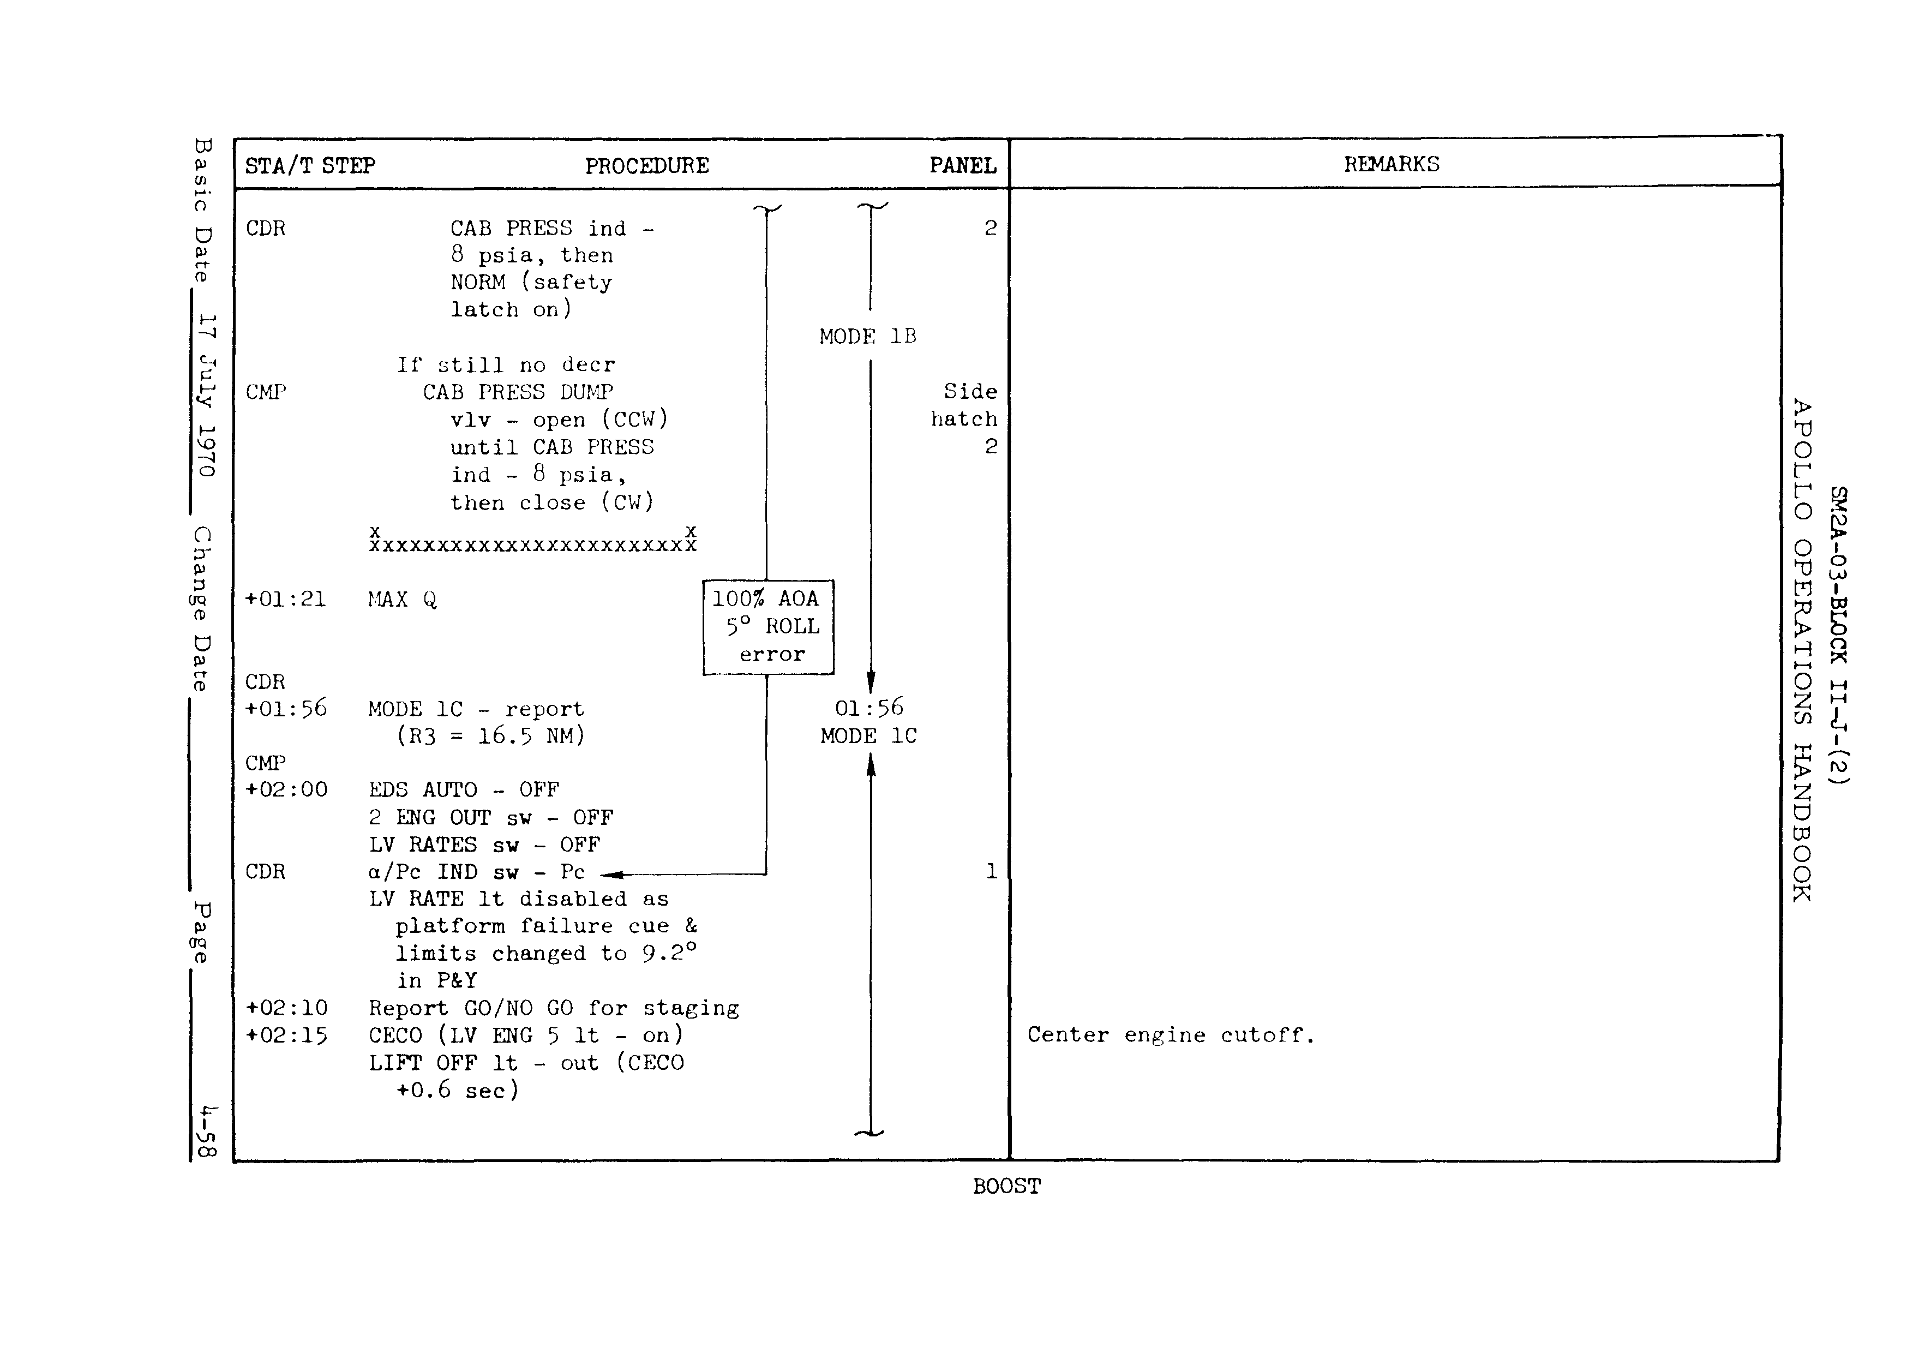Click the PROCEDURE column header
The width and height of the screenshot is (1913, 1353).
pos(646,166)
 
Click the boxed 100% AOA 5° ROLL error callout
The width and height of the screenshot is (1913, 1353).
pos(768,626)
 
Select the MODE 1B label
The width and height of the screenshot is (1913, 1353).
pos(867,337)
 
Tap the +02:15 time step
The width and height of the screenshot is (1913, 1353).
pos(286,1035)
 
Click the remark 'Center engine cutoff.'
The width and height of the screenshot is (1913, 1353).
pos(1171,1035)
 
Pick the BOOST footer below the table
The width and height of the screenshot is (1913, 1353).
pos(1006,1187)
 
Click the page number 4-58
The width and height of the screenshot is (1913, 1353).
pos(207,1132)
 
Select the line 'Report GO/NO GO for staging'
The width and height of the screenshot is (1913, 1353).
pos(553,1009)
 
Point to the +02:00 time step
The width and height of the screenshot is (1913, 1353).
pos(286,790)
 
